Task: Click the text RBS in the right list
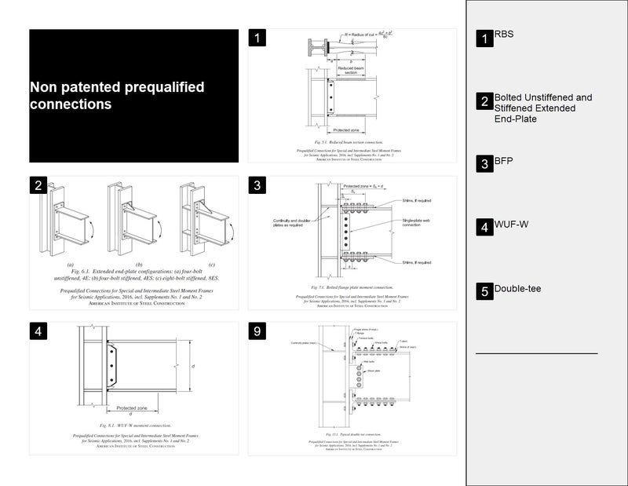click(x=504, y=35)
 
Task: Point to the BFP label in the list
click(x=503, y=162)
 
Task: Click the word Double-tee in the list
click(x=517, y=289)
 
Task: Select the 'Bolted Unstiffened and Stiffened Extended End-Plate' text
click(x=542, y=108)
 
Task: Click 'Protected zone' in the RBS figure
click(x=348, y=130)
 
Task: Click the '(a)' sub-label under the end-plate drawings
click(x=70, y=264)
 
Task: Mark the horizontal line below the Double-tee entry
click(x=536, y=354)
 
